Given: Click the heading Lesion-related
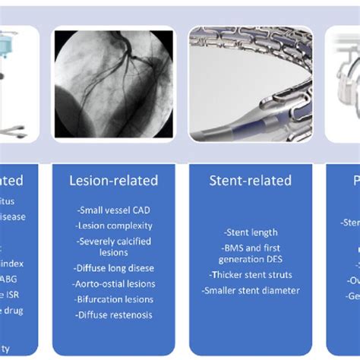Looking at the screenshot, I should pos(113,181).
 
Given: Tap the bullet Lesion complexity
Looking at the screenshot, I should pos(113,226).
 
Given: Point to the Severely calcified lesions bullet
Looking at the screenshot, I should pos(113,247).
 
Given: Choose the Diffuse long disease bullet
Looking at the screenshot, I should pos(113,268).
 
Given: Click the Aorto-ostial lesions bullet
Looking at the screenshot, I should pos(113,284).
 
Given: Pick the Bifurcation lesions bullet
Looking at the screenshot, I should pos(113,300).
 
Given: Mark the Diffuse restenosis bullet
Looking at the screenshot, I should pos(113,315).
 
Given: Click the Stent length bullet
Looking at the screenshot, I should pos(250,233).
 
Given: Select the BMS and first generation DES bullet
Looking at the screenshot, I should pos(250,254).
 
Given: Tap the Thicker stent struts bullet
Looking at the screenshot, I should pos(250,275).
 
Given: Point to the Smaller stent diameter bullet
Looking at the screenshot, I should pos(250,290).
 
